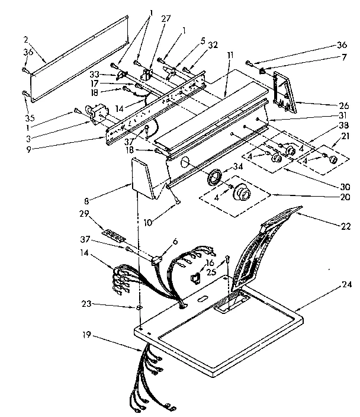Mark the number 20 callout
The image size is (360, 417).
pyautogui.click(x=345, y=197)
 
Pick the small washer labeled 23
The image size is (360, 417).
pyautogui.click(x=138, y=309)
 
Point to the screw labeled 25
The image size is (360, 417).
pyautogui.click(x=227, y=258)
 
